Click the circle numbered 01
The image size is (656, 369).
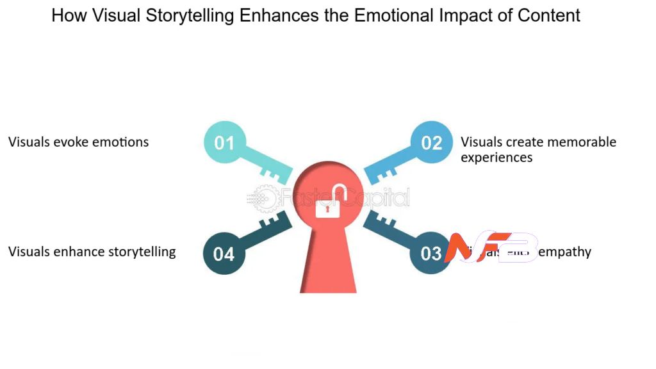tap(224, 142)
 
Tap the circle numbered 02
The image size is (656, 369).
tap(431, 142)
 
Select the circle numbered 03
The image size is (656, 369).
tap(430, 253)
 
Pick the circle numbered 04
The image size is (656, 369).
tap(224, 254)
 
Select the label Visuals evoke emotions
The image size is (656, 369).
tap(78, 142)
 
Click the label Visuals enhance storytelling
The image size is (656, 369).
tap(92, 252)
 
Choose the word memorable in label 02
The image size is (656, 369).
tap(580, 142)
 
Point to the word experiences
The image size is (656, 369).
tap(496, 157)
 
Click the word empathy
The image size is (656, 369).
tap(564, 252)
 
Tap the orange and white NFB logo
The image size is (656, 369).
tap(491, 249)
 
